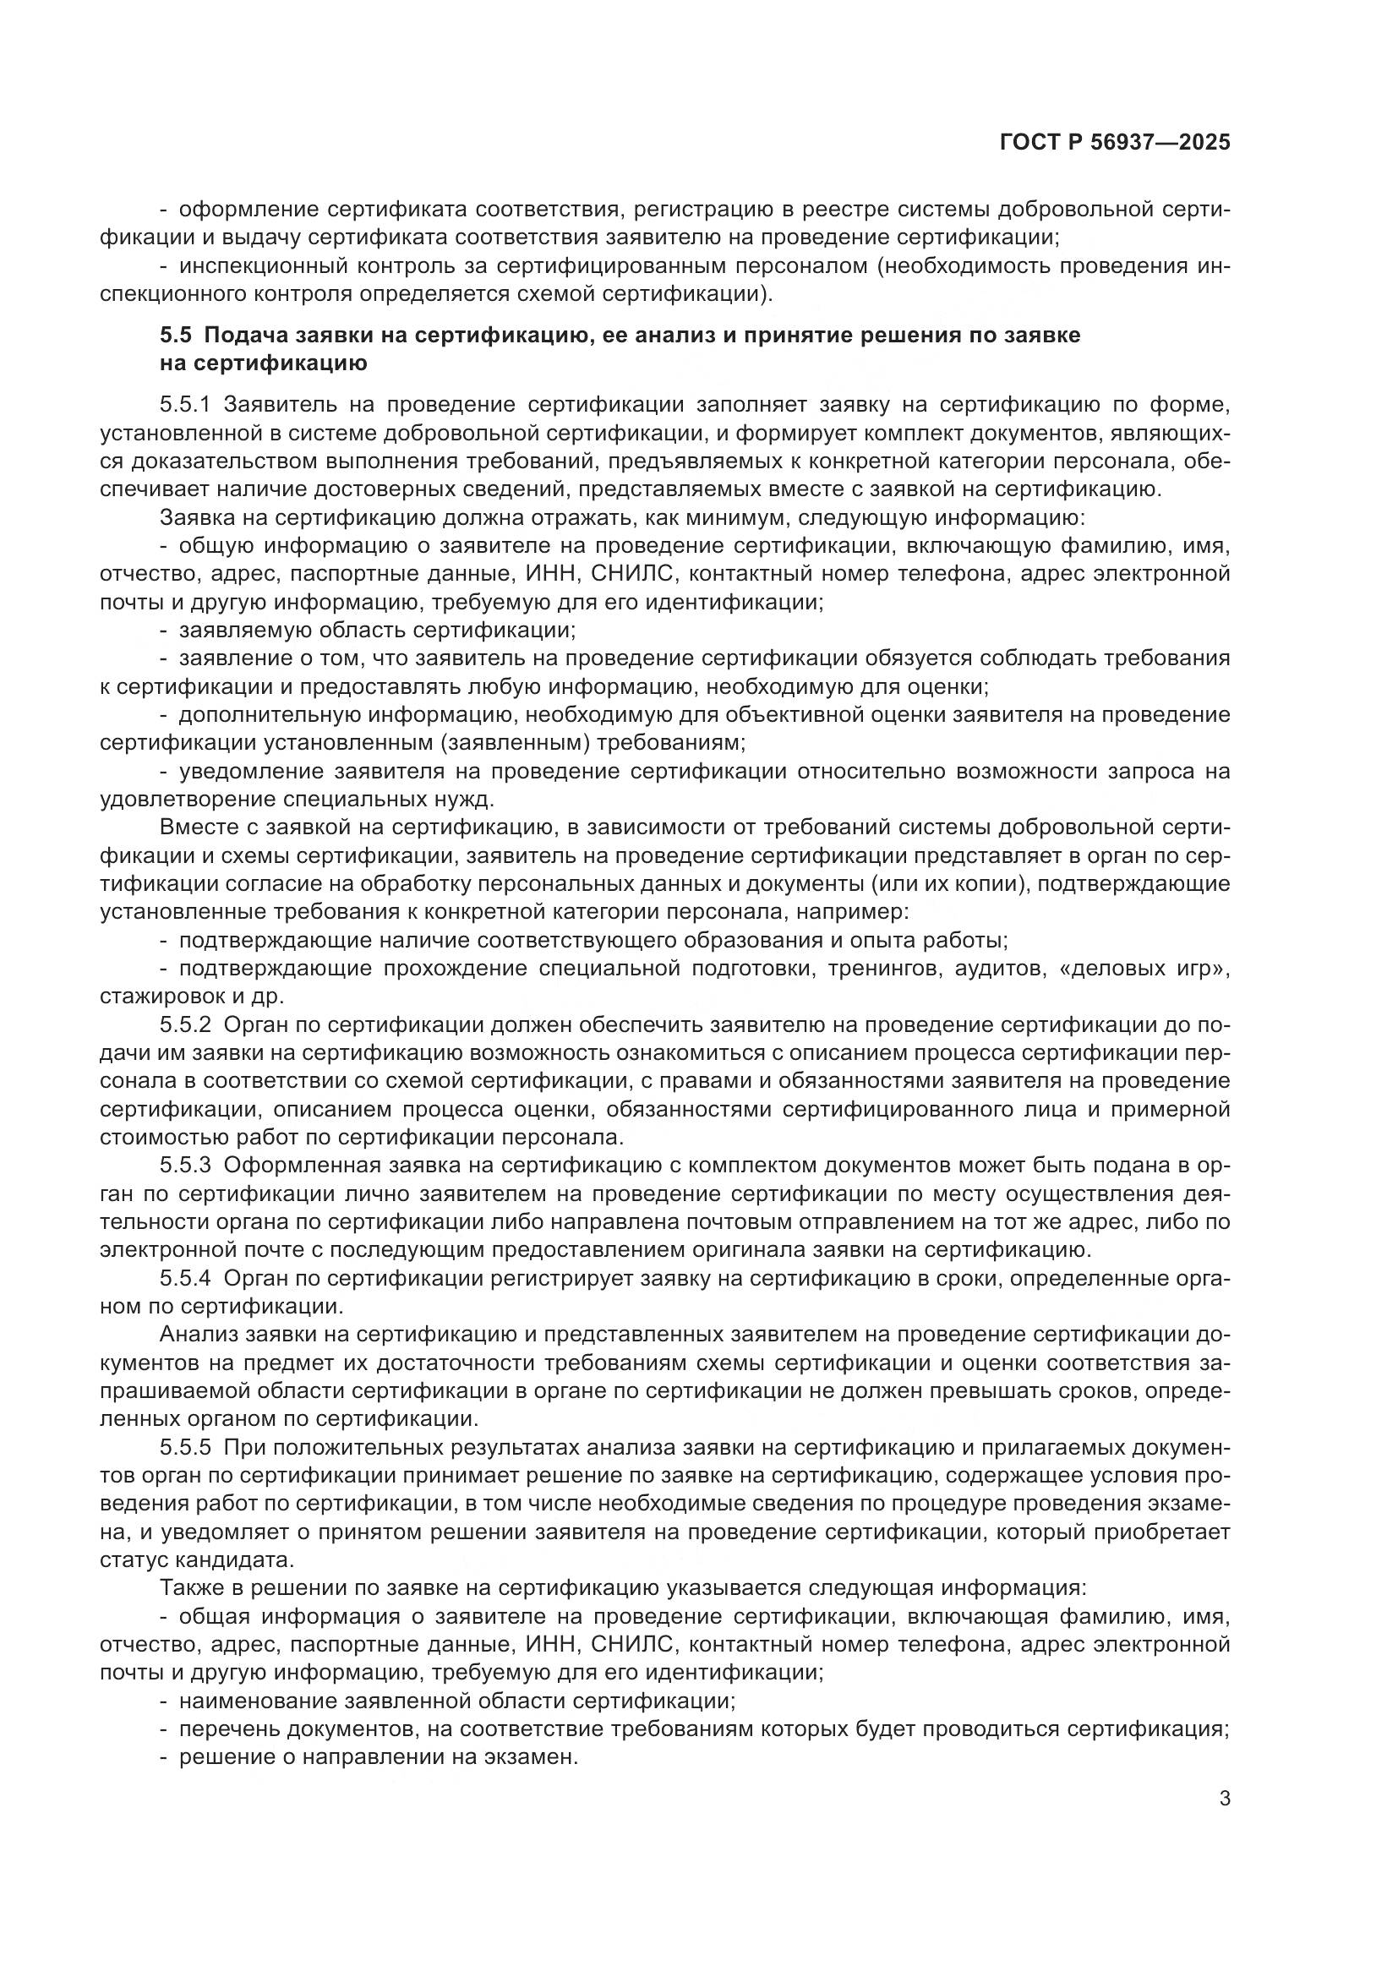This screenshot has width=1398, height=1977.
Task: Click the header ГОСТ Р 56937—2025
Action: point(1115,143)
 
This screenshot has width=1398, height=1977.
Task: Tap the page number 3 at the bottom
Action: point(1225,1799)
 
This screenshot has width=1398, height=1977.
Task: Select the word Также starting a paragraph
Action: point(190,1589)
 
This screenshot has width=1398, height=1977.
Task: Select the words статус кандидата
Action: point(197,1560)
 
